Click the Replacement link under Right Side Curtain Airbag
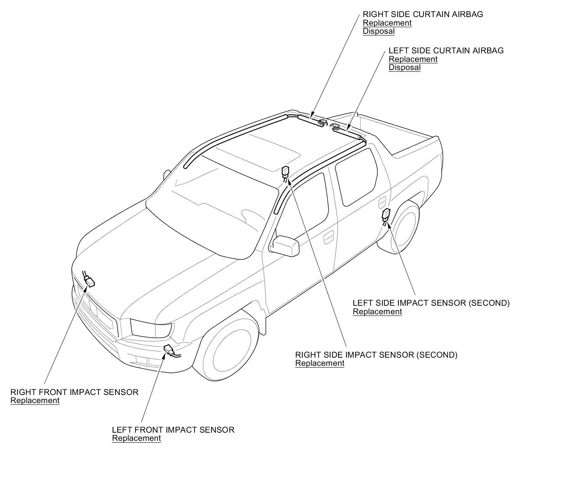click(387, 23)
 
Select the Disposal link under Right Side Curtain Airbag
click(378, 31)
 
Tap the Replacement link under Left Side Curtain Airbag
click(413, 59)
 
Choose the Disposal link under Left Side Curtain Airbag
click(404, 68)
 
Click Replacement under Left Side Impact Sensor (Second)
click(377, 312)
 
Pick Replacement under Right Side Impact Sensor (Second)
click(320, 363)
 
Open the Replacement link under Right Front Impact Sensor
click(35, 401)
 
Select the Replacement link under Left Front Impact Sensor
click(136, 438)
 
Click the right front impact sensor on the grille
click(89, 282)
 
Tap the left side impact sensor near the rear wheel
click(386, 214)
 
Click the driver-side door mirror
click(285, 245)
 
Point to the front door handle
click(329, 237)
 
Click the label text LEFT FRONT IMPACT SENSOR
click(173, 430)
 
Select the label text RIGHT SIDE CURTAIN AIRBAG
click(423, 15)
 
